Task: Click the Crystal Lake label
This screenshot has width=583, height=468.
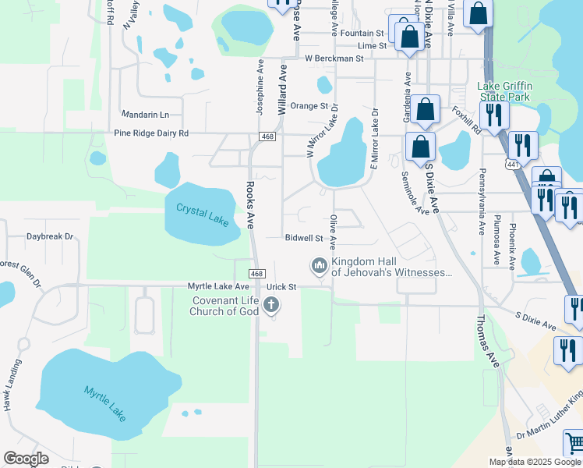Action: [202, 214]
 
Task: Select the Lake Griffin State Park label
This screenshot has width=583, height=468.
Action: [503, 91]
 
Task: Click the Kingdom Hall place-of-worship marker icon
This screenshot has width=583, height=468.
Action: [319, 266]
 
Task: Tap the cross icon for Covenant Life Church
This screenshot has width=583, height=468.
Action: [271, 306]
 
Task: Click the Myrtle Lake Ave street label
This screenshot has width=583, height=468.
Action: [217, 286]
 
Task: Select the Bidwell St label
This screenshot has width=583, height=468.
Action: [304, 237]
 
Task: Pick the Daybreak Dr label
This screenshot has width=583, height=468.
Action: [49, 236]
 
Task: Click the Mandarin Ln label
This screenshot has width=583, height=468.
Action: [145, 114]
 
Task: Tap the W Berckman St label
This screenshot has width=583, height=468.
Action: [334, 58]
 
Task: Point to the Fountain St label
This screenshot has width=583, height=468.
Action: [362, 34]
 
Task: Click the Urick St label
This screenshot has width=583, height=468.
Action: [282, 287]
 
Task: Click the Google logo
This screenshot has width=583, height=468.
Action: [26, 459]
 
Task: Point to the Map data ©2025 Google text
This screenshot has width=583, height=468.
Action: [535, 462]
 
